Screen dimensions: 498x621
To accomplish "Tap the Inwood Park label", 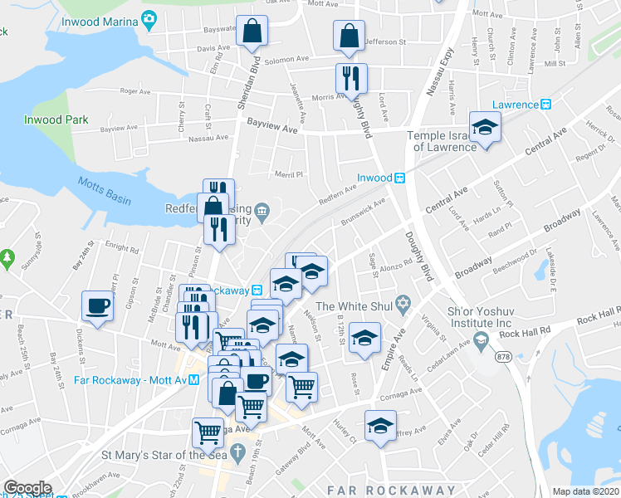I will click(56, 120).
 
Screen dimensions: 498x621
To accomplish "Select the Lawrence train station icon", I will click(546, 105).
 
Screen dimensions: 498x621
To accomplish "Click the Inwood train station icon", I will click(399, 178).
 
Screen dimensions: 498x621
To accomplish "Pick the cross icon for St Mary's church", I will click(238, 454).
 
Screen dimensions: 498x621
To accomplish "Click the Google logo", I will click(27, 487).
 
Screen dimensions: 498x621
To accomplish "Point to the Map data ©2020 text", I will click(586, 491).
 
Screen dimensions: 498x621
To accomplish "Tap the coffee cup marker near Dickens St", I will click(97, 305).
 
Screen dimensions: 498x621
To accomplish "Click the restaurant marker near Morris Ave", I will click(351, 78).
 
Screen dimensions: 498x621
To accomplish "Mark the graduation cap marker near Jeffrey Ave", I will click(380, 425).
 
